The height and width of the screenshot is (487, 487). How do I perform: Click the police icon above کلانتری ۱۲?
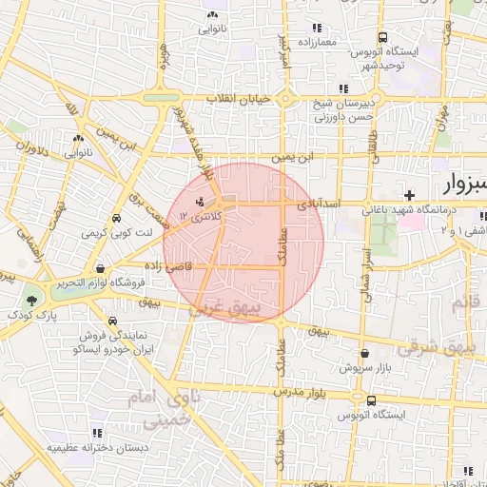pyautogui.click(x=199, y=202)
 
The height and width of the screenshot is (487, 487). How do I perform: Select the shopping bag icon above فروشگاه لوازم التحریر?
pyautogui.click(x=100, y=268)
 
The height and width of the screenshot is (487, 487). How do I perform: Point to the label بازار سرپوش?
pyautogui.click(x=365, y=366)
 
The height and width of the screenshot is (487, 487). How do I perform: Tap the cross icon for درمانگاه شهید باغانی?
pyautogui.click(x=409, y=195)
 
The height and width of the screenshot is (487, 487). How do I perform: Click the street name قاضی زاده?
pyautogui.click(x=168, y=267)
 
